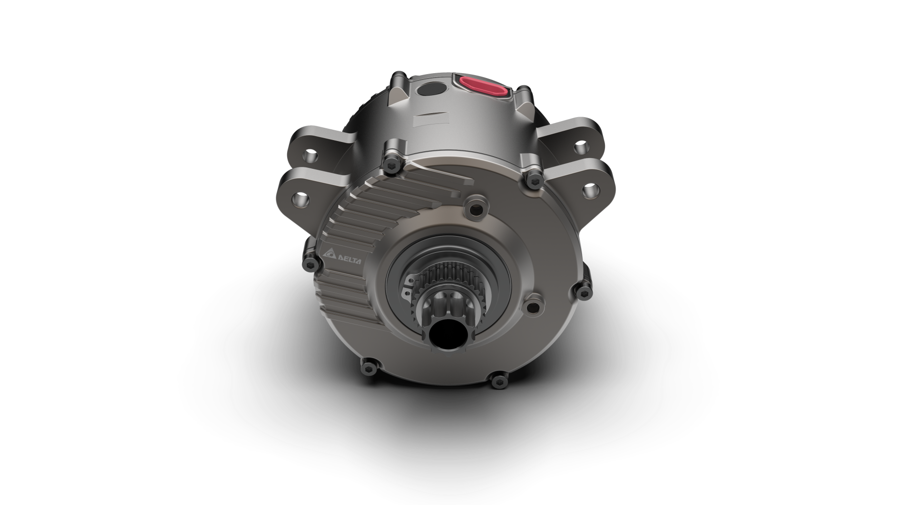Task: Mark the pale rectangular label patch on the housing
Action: click(x=429, y=120)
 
